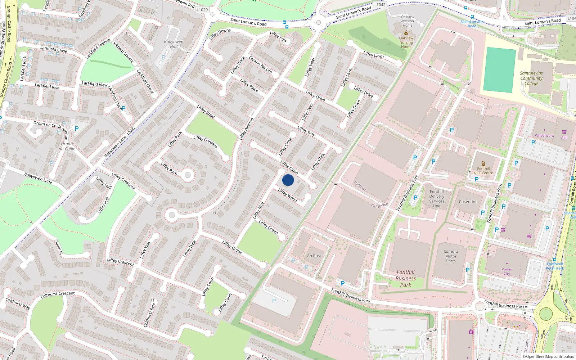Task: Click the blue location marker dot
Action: (288, 180)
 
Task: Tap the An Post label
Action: (314, 256)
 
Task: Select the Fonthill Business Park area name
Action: (405, 279)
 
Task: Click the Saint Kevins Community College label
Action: (531, 78)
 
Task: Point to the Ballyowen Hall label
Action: (174, 44)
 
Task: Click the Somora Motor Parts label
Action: (451, 256)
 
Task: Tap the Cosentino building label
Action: (468, 202)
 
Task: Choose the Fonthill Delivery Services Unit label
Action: (437, 199)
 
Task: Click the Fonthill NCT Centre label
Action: (483, 171)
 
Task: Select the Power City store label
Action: (507, 271)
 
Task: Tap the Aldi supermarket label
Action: (564, 138)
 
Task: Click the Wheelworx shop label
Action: (544, 136)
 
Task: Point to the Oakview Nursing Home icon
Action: (406, 33)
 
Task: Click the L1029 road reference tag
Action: (202, 10)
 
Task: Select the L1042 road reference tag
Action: (380, 5)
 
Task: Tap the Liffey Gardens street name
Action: (206, 142)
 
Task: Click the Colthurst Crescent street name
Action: (58, 294)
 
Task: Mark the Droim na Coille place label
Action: (67, 146)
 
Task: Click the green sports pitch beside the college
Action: (499, 70)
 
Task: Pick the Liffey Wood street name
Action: (288, 195)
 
